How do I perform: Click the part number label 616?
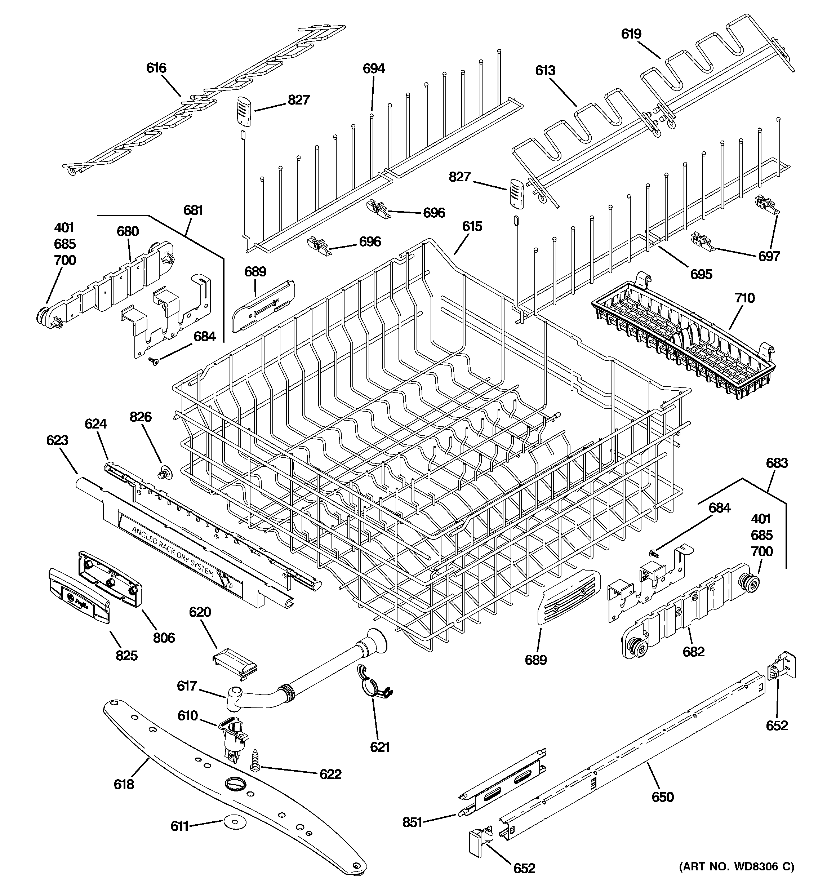click(156, 68)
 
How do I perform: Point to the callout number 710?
click(744, 298)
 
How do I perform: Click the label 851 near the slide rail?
click(412, 822)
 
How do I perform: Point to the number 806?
click(164, 638)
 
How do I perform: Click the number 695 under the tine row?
click(701, 274)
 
